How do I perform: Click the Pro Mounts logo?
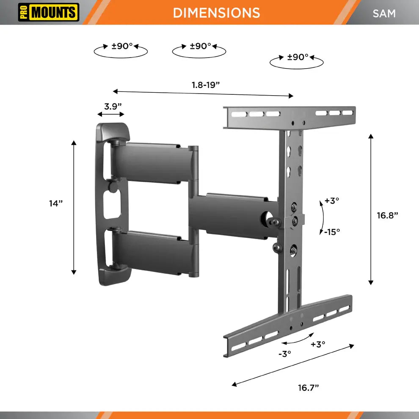tap(49, 12)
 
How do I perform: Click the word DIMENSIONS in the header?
tap(216, 13)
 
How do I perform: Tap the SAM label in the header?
tap(384, 14)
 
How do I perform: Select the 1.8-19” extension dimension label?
tap(206, 85)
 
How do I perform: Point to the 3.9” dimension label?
tap(113, 106)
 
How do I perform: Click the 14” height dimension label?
tap(56, 203)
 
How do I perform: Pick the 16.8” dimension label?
tap(387, 215)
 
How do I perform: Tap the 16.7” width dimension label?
tap(309, 388)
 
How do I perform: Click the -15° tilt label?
tap(332, 232)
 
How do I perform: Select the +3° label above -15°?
tap(332, 201)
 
